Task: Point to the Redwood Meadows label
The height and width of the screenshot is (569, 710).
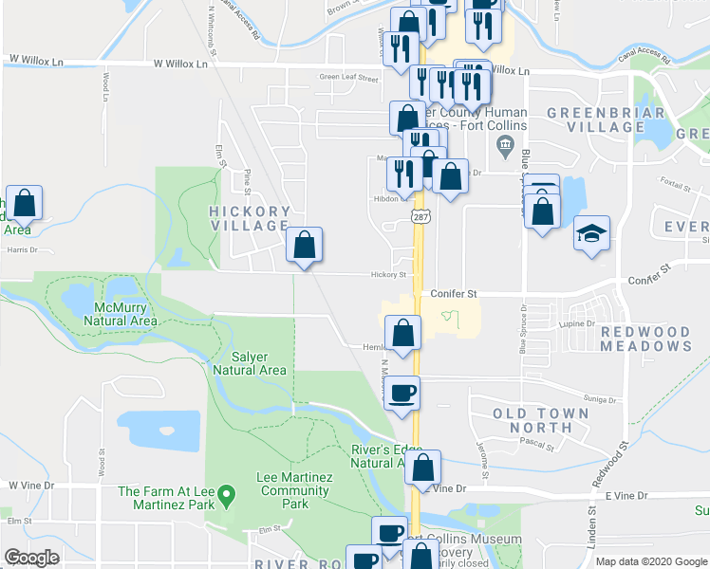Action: coord(645,339)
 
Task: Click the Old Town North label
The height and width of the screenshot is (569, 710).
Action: coord(541,421)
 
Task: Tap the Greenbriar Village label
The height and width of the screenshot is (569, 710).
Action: coord(596,120)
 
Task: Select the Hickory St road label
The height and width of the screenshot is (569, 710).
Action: coord(389,275)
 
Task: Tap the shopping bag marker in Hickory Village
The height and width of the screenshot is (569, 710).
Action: coord(304,246)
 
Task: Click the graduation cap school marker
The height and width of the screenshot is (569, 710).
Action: coord(591,233)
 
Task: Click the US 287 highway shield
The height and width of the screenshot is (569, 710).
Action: coord(419,217)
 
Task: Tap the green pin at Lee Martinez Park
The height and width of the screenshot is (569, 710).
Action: coord(226,494)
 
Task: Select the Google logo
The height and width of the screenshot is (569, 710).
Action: coord(31,558)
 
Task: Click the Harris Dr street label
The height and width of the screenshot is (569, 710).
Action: coord(21,250)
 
